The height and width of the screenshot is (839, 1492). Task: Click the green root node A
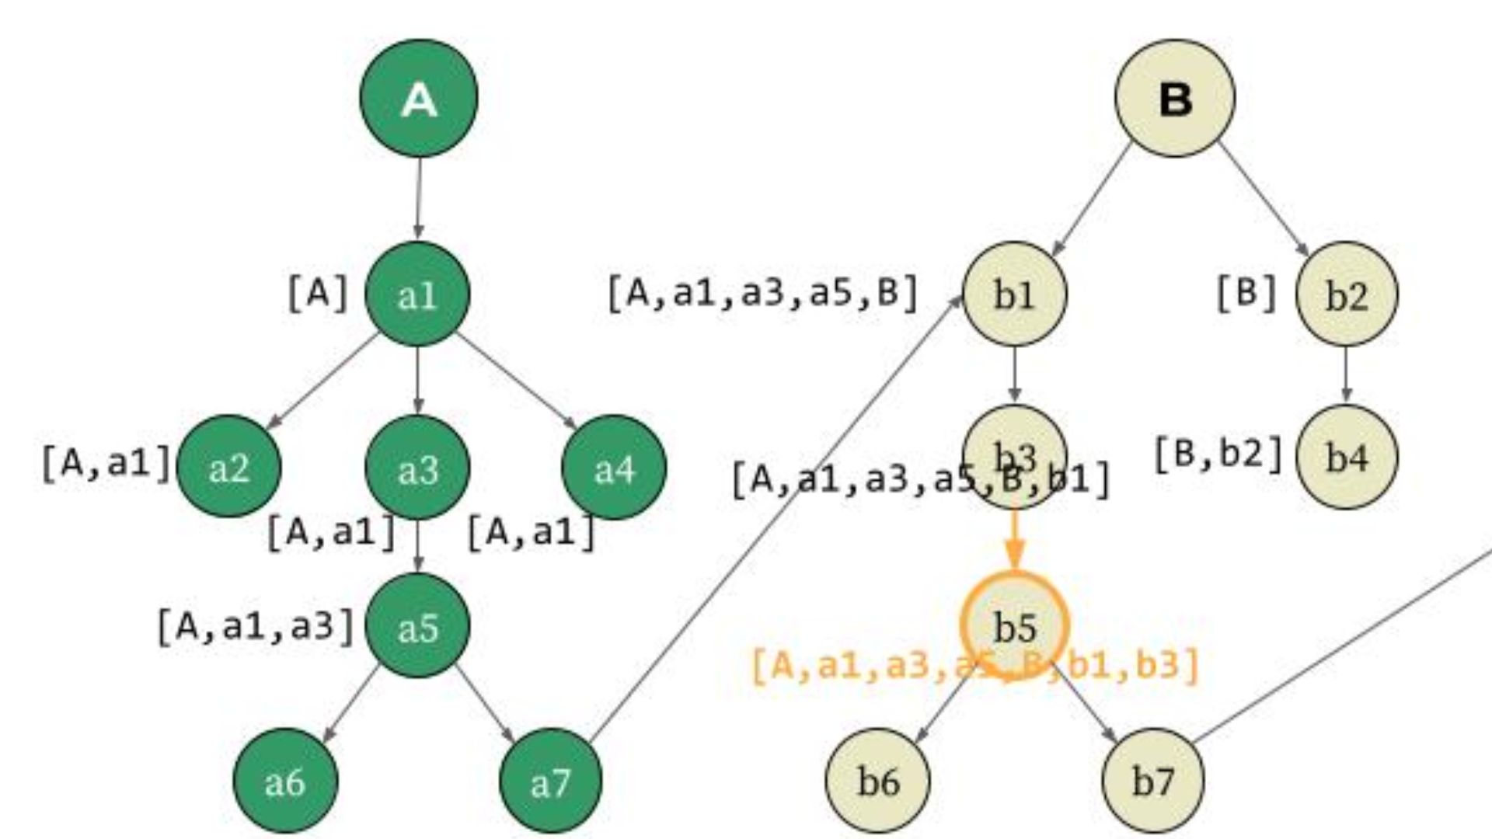[419, 98]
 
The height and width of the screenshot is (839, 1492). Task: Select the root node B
[1174, 99]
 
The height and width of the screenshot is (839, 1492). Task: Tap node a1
[417, 294]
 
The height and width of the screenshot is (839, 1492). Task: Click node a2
[228, 467]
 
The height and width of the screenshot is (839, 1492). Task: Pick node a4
[614, 468]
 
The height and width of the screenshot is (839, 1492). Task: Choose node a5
[417, 626]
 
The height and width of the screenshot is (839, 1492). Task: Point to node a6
[285, 780]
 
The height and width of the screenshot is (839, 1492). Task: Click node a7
[550, 781]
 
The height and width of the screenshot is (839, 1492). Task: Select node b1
[1014, 294]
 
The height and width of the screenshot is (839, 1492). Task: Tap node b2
[1346, 294]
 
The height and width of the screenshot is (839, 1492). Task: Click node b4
[1346, 457]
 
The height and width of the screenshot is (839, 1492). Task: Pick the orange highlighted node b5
[1014, 626]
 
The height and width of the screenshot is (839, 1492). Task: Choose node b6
[877, 780]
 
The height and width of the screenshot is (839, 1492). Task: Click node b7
[1152, 780]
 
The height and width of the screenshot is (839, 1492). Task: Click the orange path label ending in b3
[976, 666]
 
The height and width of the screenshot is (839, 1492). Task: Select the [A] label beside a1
[318, 294]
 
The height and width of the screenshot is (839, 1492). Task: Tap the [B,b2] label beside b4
[1218, 454]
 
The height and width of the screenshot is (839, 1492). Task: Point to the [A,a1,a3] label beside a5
[256, 626]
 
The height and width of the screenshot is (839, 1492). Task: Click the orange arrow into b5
[1014, 539]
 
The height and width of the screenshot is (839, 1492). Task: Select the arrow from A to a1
[419, 198]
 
